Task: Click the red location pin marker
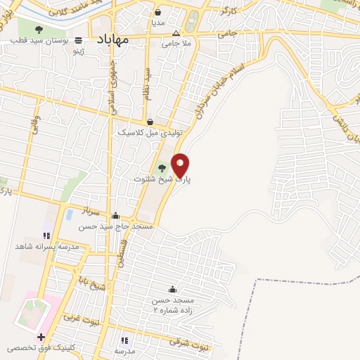click(181, 164)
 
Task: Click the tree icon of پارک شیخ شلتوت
click(163, 167)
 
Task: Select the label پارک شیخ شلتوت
click(162, 179)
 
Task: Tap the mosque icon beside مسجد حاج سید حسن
click(115, 216)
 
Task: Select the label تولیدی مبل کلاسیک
click(150, 132)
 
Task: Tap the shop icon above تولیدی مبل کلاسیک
click(150, 121)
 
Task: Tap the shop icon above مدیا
click(157, 12)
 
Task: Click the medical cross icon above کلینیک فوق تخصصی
click(41, 337)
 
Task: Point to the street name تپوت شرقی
click(190, 343)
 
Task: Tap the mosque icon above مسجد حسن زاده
click(172, 289)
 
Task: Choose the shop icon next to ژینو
click(79, 40)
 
